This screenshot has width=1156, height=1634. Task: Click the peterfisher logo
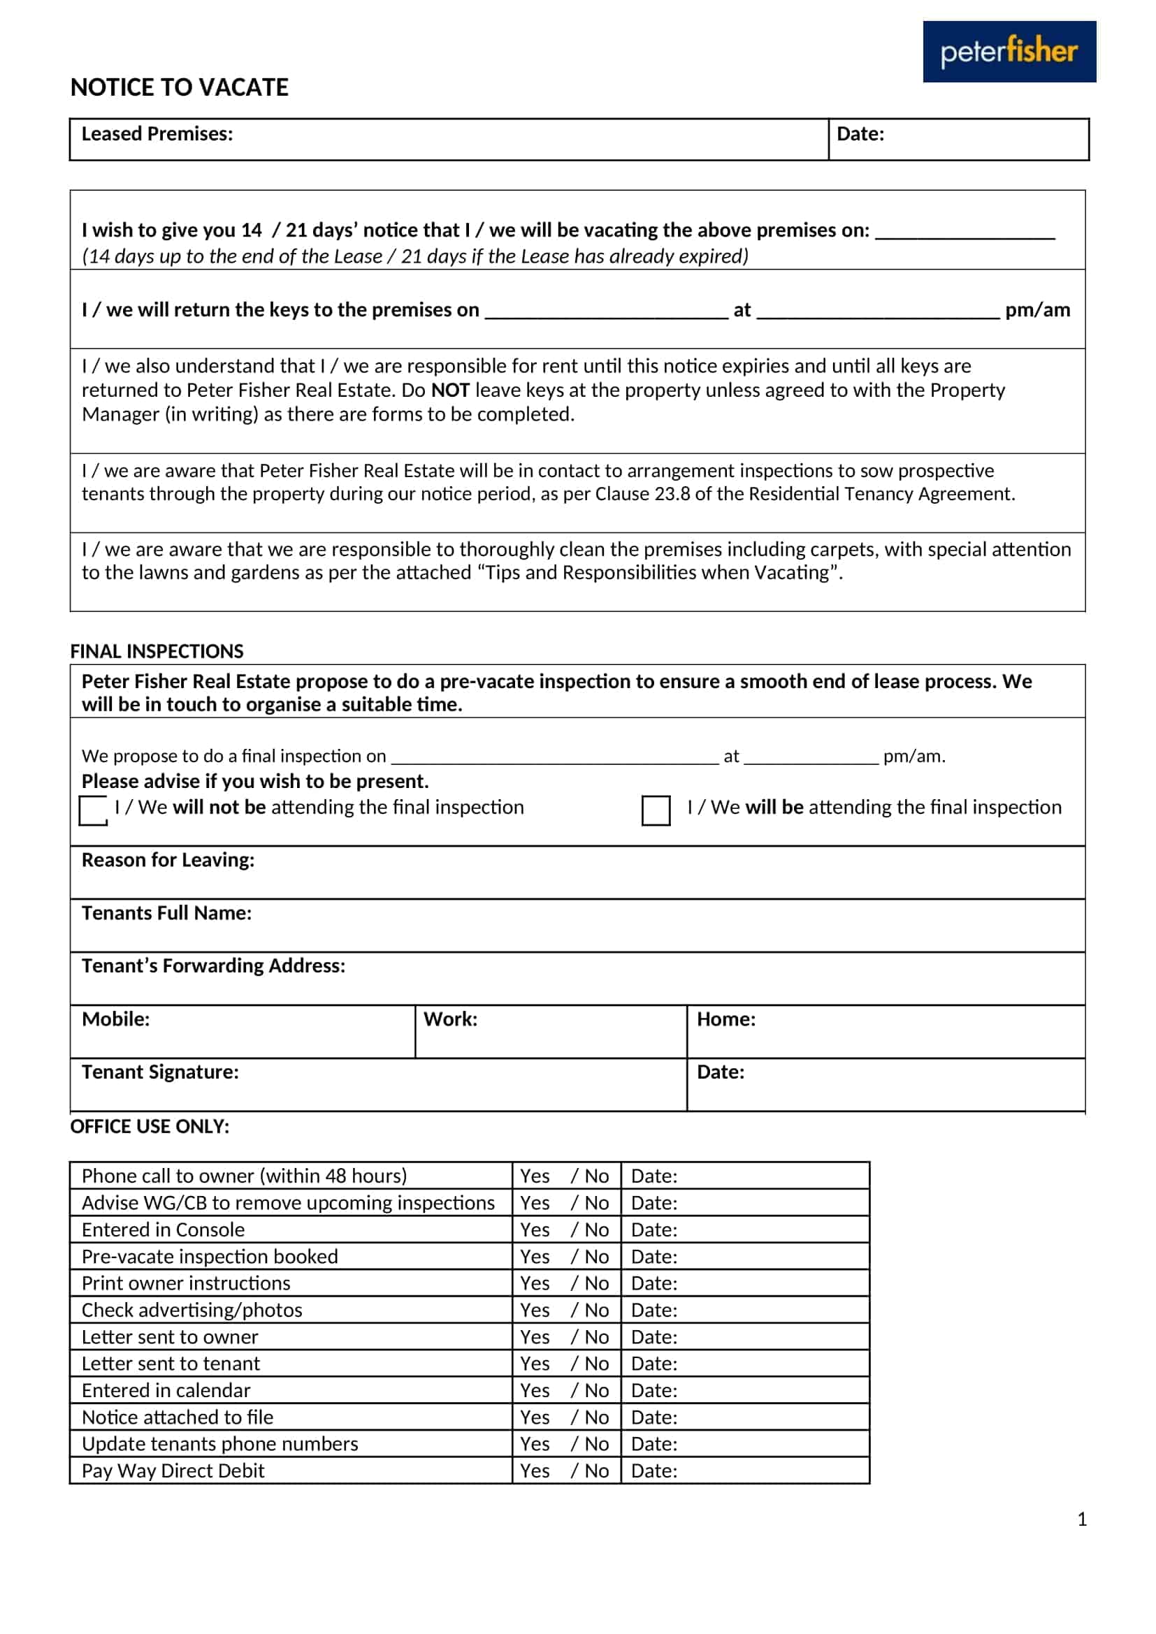[1009, 51]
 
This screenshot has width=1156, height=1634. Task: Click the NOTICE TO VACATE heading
[180, 87]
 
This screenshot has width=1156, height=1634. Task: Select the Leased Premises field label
[157, 134]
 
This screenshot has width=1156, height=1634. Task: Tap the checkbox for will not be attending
[92, 810]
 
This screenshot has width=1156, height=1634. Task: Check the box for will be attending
[656, 810]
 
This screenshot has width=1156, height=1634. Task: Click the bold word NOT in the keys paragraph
[450, 390]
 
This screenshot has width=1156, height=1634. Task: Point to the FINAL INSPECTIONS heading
[157, 651]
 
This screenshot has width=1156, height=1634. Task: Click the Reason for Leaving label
[167, 860]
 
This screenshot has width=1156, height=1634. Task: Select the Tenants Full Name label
[166, 913]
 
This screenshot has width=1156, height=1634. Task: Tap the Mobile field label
[115, 1019]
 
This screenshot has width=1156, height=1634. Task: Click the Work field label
[450, 1019]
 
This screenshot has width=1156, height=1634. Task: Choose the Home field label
[725, 1019]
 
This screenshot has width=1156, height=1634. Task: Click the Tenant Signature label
[160, 1072]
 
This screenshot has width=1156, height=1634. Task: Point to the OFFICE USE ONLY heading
[150, 1127]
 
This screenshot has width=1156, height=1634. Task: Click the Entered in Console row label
[163, 1230]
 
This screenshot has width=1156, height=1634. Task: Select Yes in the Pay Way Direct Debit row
[535, 1471]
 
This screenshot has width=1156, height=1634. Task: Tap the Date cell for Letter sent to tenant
[744, 1364]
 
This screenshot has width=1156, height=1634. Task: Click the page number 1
[1081, 1519]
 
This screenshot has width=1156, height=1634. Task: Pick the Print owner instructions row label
[186, 1283]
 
